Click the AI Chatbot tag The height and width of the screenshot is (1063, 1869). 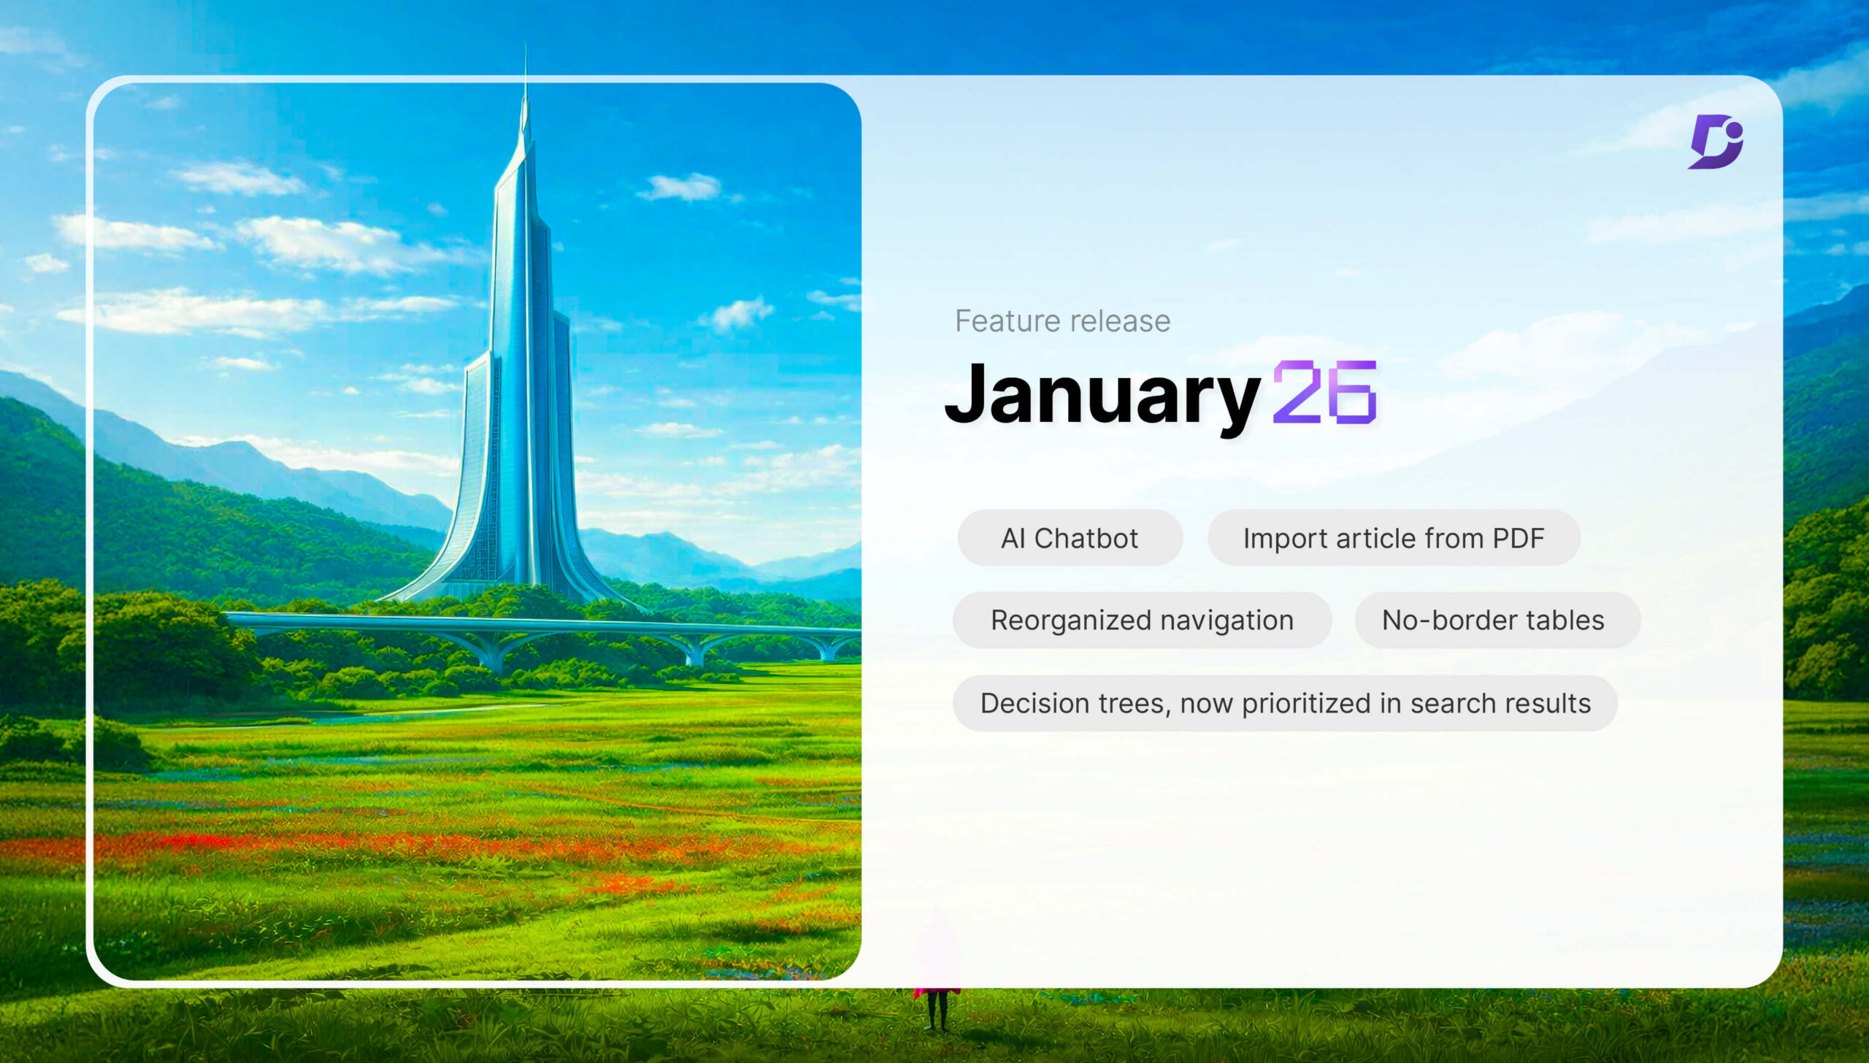pyautogui.click(x=1070, y=538)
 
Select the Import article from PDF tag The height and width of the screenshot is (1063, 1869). pyautogui.click(x=1393, y=538)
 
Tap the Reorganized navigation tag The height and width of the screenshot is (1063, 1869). pyautogui.click(x=1142, y=620)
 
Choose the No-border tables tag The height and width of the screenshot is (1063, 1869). pyautogui.click(x=1493, y=620)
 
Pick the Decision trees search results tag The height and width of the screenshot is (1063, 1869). pyautogui.click(x=1285, y=703)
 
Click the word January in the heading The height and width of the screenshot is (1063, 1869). pyautogui.click(x=1102, y=394)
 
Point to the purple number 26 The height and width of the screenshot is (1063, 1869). pyautogui.click(x=1324, y=393)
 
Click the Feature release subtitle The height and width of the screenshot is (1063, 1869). pyautogui.click(x=1062, y=321)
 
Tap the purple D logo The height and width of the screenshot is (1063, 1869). pyautogui.click(x=1715, y=142)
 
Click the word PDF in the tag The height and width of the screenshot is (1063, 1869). pyautogui.click(x=1518, y=538)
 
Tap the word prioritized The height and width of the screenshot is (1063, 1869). pyautogui.click(x=1306, y=703)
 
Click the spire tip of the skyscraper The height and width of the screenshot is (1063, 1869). pyautogui.click(x=526, y=51)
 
